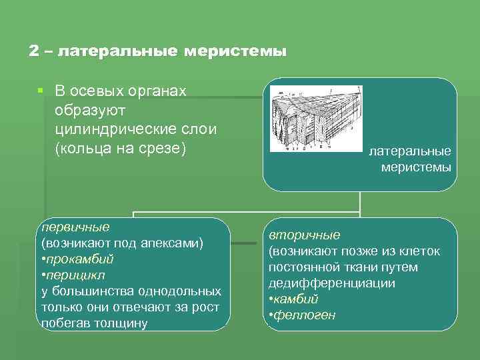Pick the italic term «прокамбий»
tap(80, 259)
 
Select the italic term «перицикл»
tap(76, 275)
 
